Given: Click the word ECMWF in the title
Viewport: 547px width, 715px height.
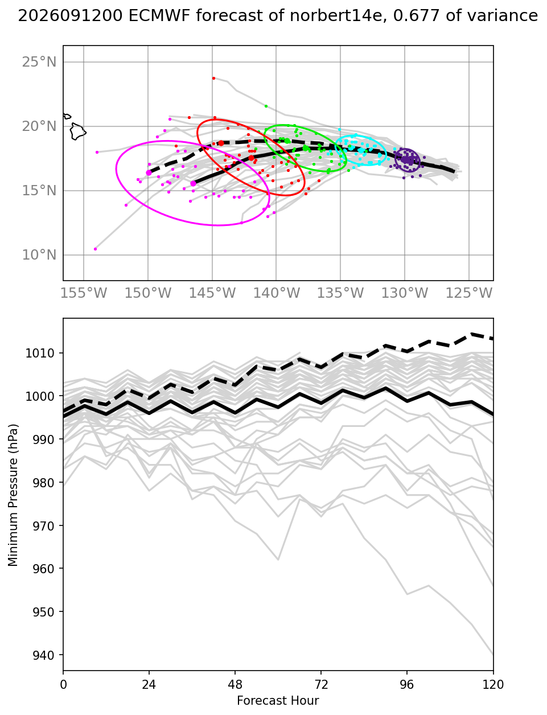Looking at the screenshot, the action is coord(159,15).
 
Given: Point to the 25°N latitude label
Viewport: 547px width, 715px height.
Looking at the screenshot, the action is coord(39,62).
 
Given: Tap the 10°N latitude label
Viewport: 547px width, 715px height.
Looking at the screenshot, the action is coord(39,254).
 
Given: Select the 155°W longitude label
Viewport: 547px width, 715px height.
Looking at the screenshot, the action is coord(84,293).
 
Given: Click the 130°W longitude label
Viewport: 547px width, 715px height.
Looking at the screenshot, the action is coord(405,293).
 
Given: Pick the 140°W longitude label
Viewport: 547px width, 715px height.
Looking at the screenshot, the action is coord(277,293).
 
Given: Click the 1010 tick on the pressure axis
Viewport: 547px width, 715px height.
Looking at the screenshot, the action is coord(40,353).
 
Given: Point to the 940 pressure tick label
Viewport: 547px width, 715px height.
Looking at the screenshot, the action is coord(43,655).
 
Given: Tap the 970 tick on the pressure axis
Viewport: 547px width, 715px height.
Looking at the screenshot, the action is coord(43,526).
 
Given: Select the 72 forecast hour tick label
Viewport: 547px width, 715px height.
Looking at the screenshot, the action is coord(321,685).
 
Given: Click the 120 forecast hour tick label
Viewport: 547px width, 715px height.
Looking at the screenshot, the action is coord(493,685).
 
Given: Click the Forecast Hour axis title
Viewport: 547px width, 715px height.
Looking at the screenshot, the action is coord(278,700).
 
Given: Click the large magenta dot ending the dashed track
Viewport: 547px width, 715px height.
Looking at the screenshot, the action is coord(149,172).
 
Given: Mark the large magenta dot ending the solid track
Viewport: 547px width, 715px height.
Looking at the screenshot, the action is coord(194,183).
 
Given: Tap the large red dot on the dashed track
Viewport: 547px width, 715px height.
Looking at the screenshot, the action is coord(221,143).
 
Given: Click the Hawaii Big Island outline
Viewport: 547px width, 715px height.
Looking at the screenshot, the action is coord(78,131).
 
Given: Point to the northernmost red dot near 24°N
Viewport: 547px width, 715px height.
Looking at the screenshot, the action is coord(213,78).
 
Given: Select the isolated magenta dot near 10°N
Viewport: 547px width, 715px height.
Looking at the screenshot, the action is coord(96,249).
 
